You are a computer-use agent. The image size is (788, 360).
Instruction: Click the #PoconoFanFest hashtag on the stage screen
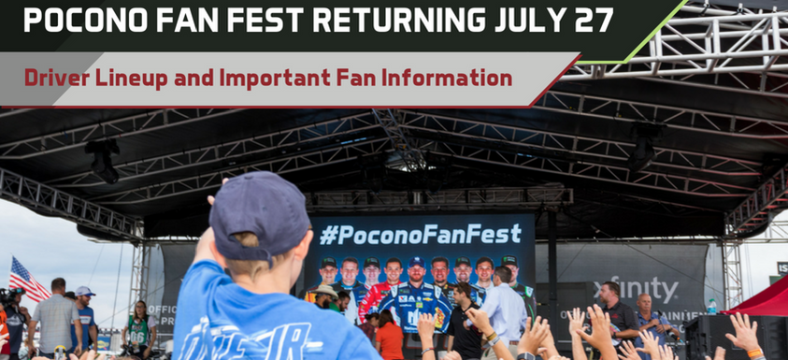[420, 231]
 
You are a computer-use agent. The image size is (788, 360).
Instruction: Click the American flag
[25, 278]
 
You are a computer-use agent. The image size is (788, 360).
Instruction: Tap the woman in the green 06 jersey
[139, 327]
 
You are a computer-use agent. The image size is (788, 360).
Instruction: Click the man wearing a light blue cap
[84, 313]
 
